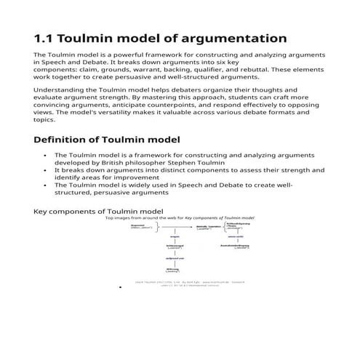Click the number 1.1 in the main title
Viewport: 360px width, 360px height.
coord(45,39)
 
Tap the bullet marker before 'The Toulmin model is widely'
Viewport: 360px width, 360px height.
coord(45,185)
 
